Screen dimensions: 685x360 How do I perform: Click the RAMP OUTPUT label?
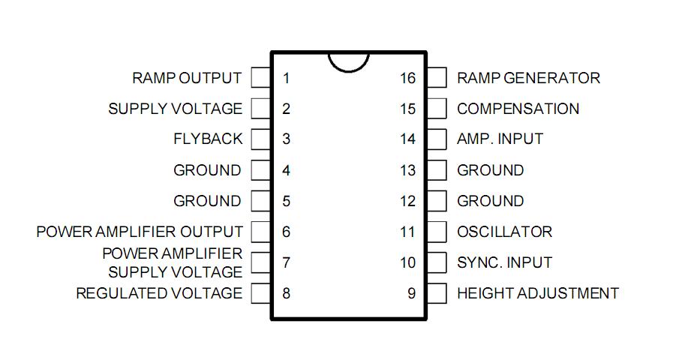click(x=187, y=78)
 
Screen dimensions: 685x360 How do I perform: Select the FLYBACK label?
click(x=208, y=139)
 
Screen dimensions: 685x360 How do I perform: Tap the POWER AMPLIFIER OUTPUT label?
click(x=140, y=232)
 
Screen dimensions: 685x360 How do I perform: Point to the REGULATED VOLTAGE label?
click(x=159, y=293)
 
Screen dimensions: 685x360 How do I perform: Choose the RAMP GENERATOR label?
click(x=528, y=78)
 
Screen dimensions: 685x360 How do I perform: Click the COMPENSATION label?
click(x=518, y=109)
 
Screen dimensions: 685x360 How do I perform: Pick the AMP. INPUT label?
click(x=500, y=139)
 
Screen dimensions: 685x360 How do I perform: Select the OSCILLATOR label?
click(x=504, y=232)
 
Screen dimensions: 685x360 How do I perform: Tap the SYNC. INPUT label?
click(x=504, y=262)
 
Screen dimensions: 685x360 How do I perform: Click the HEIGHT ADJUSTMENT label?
click(x=538, y=293)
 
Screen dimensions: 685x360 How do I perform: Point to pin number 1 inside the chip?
click(x=287, y=78)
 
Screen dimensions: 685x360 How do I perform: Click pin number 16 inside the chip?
click(x=407, y=78)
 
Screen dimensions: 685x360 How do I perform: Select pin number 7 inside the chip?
click(x=287, y=262)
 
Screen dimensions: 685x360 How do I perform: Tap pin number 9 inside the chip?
click(x=411, y=293)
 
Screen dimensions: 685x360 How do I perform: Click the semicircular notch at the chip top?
click(x=349, y=60)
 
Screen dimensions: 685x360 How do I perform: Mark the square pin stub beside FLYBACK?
click(x=260, y=139)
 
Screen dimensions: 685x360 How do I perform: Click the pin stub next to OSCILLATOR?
click(x=436, y=232)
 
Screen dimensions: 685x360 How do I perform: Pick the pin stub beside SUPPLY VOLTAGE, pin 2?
click(x=260, y=109)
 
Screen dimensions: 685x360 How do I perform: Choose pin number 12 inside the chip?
click(x=407, y=201)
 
